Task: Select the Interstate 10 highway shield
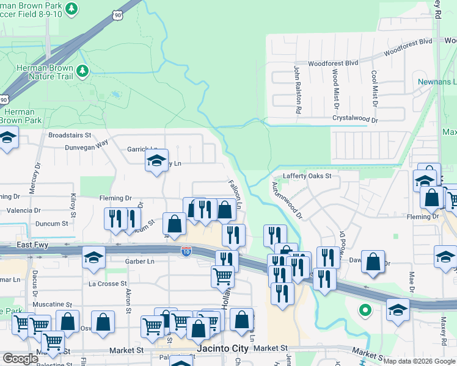point(186,251)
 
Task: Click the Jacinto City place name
point(223,349)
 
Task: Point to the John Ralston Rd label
point(298,90)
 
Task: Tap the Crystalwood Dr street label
point(355,120)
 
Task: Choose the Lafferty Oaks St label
point(306,176)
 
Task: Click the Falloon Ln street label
point(235,195)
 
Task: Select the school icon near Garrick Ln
point(156,162)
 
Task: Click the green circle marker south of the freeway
point(365,310)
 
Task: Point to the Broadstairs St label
point(70,135)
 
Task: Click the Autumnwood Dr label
point(287,201)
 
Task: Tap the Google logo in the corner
point(20,359)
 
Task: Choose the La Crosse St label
point(108,284)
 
